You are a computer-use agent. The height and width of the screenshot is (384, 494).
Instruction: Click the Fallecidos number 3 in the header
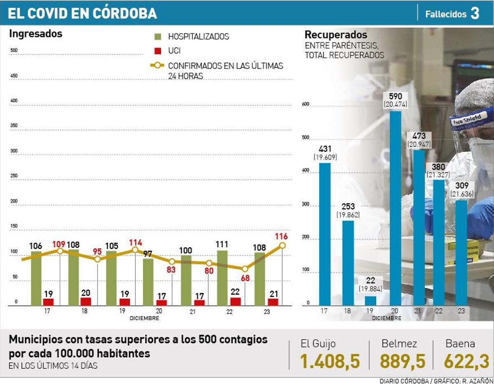click(475, 14)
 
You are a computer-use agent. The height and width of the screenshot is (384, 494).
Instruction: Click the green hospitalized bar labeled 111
click(222, 278)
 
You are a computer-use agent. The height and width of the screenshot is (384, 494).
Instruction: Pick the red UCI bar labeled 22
click(235, 301)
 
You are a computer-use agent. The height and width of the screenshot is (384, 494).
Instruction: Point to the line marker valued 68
click(245, 268)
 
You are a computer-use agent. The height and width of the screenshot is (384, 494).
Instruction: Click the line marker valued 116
click(282, 245)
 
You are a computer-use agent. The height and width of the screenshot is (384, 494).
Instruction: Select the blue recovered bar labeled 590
click(395, 208)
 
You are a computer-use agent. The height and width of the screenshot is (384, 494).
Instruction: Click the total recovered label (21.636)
click(464, 194)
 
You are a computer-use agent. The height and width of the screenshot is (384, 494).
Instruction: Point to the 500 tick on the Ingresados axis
click(14, 51)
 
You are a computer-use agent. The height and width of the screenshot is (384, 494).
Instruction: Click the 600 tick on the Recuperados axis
click(305, 104)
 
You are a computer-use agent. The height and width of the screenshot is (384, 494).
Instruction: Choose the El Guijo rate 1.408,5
click(330, 361)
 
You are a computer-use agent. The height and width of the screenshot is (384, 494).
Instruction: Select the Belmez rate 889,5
click(402, 361)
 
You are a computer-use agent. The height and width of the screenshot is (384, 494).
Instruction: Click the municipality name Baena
click(460, 344)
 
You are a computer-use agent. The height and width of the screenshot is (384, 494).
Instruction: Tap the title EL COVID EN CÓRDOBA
click(82, 14)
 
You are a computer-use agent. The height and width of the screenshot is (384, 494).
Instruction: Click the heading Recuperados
click(336, 35)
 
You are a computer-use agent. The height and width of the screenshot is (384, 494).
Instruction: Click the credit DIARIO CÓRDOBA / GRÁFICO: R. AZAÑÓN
click(436, 381)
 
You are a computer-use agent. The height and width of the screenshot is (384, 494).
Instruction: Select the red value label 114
click(135, 242)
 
